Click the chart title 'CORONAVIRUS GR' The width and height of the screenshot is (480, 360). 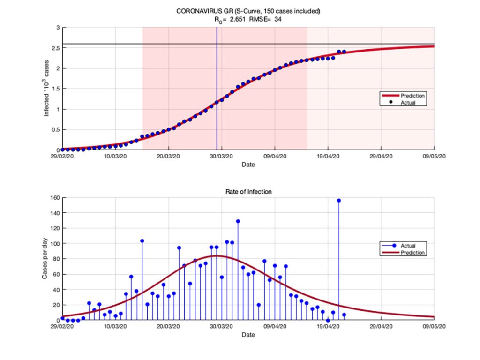point(204,11)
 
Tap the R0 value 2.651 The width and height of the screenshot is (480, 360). point(238,19)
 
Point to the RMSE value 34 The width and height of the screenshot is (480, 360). point(277,19)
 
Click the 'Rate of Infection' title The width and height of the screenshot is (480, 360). point(248,192)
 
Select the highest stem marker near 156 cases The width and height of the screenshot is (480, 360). point(339,201)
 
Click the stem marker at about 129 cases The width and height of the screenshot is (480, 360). point(238,221)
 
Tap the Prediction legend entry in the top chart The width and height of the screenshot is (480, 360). point(404,96)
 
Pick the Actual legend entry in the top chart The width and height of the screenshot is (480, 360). point(404,102)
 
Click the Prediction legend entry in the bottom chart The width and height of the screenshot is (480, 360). point(404,253)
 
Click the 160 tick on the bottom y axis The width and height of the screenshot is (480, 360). point(55,198)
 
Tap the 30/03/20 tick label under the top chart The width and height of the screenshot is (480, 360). point(221,156)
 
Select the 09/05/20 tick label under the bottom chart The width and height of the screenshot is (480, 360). point(434,326)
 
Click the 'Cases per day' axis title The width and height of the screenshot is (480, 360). point(45,259)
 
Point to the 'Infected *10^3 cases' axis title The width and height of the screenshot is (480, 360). point(46,88)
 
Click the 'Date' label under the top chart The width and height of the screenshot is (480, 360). point(248,165)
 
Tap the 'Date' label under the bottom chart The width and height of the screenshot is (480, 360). point(248,335)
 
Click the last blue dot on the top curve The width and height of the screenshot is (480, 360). point(344,52)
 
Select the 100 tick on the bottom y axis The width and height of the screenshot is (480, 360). point(55,244)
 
